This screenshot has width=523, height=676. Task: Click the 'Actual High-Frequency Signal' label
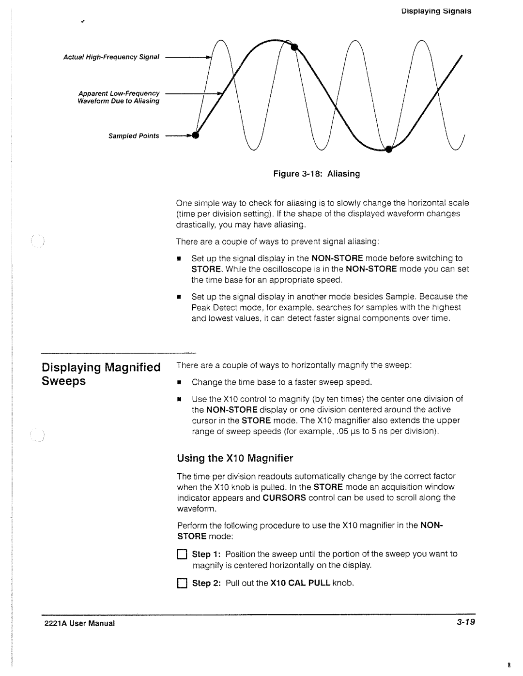tap(112, 57)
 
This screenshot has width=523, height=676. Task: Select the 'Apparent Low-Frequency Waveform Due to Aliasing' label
tap(120, 97)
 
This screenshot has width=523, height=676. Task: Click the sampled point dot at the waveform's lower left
tap(196, 135)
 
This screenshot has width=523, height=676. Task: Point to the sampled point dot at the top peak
tap(294, 46)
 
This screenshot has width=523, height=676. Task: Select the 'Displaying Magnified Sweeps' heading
tap(101, 374)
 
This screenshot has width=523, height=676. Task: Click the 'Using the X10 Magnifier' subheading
tap(235, 458)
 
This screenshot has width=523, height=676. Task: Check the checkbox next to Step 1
tap(182, 555)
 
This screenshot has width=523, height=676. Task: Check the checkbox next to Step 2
tap(182, 584)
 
